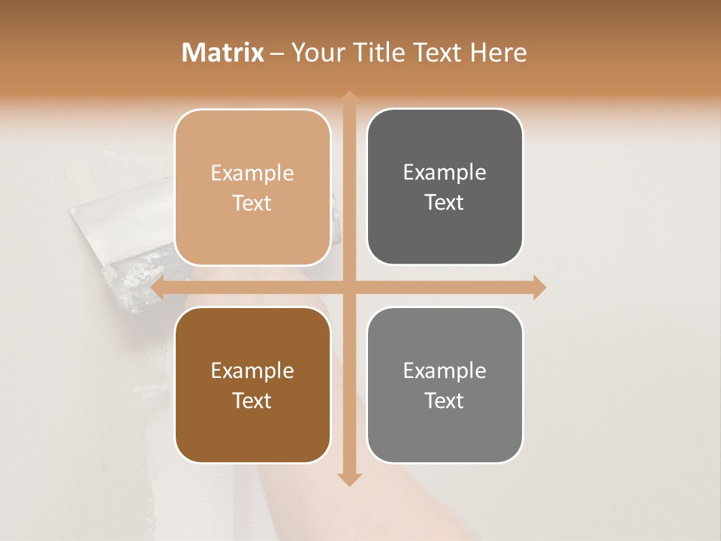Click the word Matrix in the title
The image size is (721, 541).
click(223, 53)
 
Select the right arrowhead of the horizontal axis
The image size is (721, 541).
click(539, 287)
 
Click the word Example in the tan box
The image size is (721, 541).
click(252, 174)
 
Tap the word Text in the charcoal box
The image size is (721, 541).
click(445, 203)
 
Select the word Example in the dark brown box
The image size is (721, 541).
click(252, 371)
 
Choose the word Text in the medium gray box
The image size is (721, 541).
click(445, 400)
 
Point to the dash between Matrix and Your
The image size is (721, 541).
click(277, 53)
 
